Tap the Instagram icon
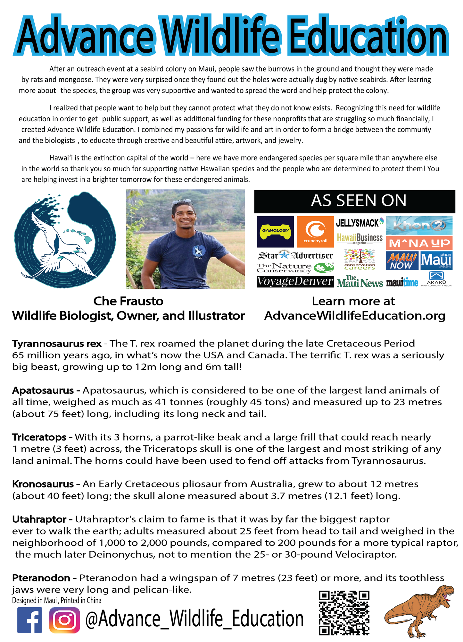click(64, 620)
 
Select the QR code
click(344, 613)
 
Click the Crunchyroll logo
click(315, 232)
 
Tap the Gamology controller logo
click(275, 232)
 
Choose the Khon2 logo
click(419, 226)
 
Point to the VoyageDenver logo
click(295, 282)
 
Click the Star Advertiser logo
click(295, 255)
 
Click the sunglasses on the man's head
click(182, 202)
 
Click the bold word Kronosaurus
click(43, 484)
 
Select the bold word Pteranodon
click(41, 578)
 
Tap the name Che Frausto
click(128, 301)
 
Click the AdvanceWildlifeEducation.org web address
click(355, 316)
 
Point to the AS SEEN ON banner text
click(358, 201)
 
